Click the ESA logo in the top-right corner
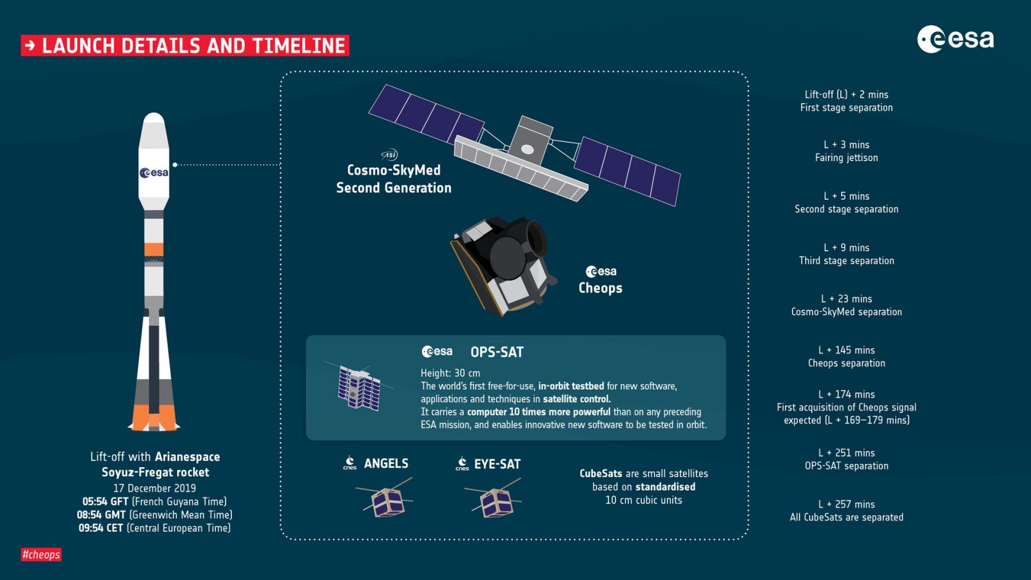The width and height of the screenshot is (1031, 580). click(956, 39)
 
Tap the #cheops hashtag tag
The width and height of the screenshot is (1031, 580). click(41, 554)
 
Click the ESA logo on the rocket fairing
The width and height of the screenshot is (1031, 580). click(154, 173)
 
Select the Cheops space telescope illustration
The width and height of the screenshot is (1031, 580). click(503, 266)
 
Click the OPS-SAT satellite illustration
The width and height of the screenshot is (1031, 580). click(360, 387)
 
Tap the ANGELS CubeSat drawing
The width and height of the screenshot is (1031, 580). click(384, 499)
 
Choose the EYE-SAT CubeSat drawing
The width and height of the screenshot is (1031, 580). click(493, 499)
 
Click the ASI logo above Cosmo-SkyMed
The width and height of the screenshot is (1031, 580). click(389, 155)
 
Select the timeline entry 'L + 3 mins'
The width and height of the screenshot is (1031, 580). click(847, 144)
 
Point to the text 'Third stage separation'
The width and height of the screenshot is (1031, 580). click(847, 260)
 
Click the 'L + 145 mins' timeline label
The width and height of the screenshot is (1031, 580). click(847, 350)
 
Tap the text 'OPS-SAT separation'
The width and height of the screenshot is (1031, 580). click(847, 466)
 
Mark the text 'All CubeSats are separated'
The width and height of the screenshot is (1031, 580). click(847, 517)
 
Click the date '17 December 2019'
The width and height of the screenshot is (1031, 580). click(155, 488)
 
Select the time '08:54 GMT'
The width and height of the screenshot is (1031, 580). click(101, 515)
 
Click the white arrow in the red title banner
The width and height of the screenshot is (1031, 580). click(30, 46)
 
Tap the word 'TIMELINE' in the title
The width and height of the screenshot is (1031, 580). click(299, 46)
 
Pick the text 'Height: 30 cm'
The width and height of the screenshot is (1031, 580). click(450, 373)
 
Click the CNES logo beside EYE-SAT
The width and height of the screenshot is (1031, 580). click(462, 463)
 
